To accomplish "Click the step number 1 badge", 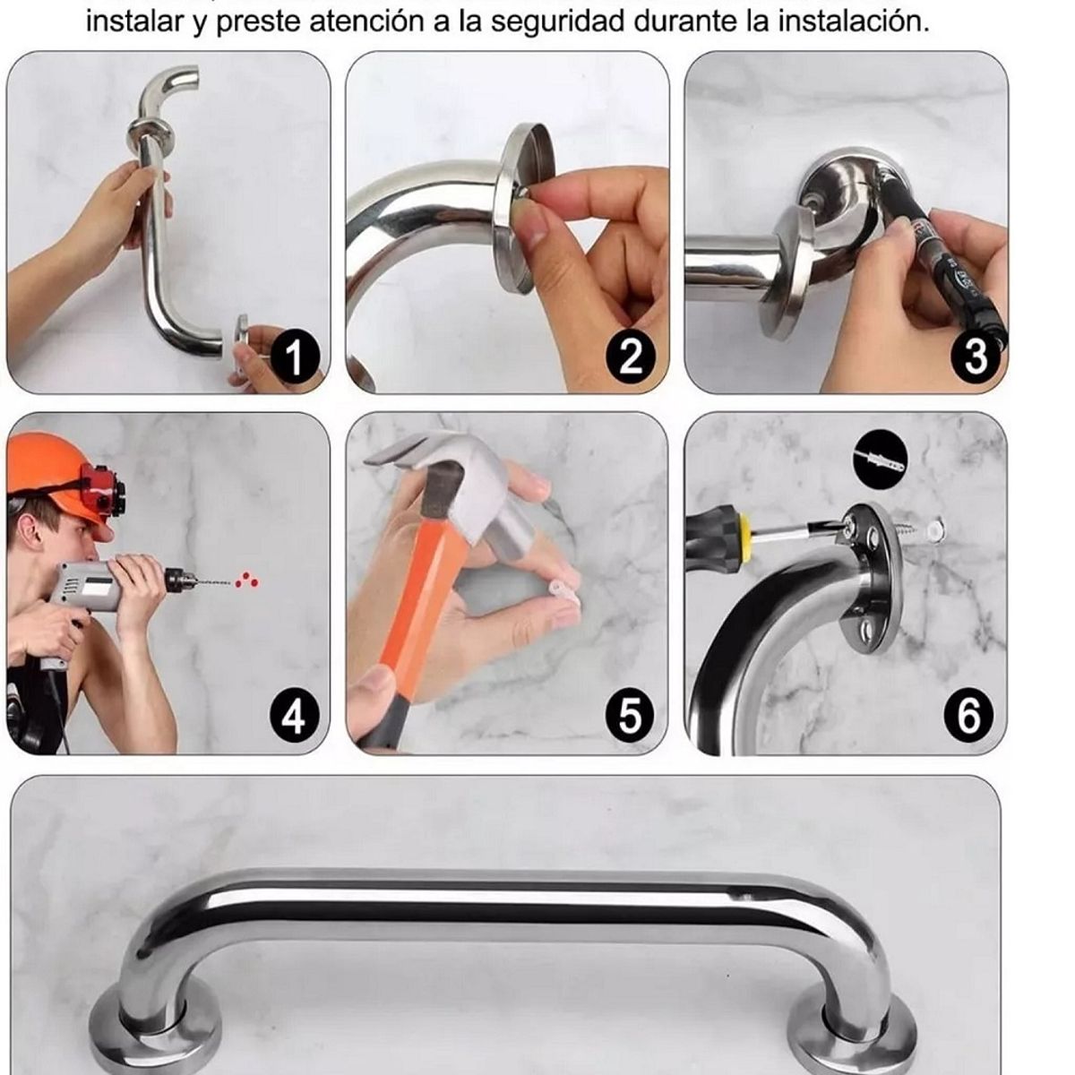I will [x=293, y=357].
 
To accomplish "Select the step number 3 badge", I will [x=974, y=356].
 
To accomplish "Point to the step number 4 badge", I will [x=293, y=717].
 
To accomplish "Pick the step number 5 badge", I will [x=631, y=717].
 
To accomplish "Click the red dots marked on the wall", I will [x=245, y=580].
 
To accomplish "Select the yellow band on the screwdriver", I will [x=743, y=527].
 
